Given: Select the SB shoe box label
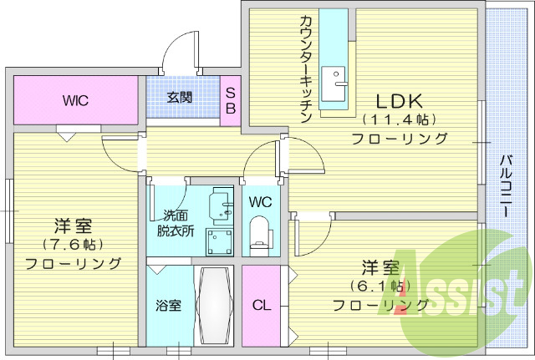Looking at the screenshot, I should pyautogui.click(x=231, y=99).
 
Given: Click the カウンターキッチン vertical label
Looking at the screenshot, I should pyautogui.click(x=305, y=69).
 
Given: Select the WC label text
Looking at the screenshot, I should pyautogui.click(x=260, y=202).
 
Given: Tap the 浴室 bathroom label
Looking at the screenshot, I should pyautogui.click(x=169, y=305).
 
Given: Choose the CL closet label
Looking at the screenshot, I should pyautogui.click(x=262, y=305).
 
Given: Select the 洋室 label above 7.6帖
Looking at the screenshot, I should pyautogui.click(x=74, y=226).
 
